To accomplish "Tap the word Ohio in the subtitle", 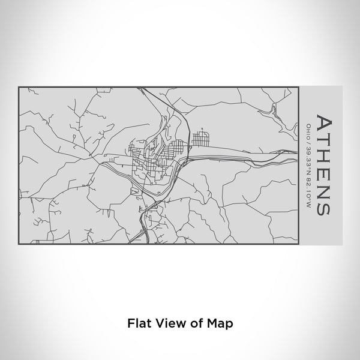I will [x=308, y=129].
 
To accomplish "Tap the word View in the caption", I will [x=167, y=322].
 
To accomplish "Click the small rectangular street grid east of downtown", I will [x=199, y=139].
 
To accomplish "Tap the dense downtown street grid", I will [x=153, y=159].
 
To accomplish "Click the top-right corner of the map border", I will [x=298, y=87].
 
